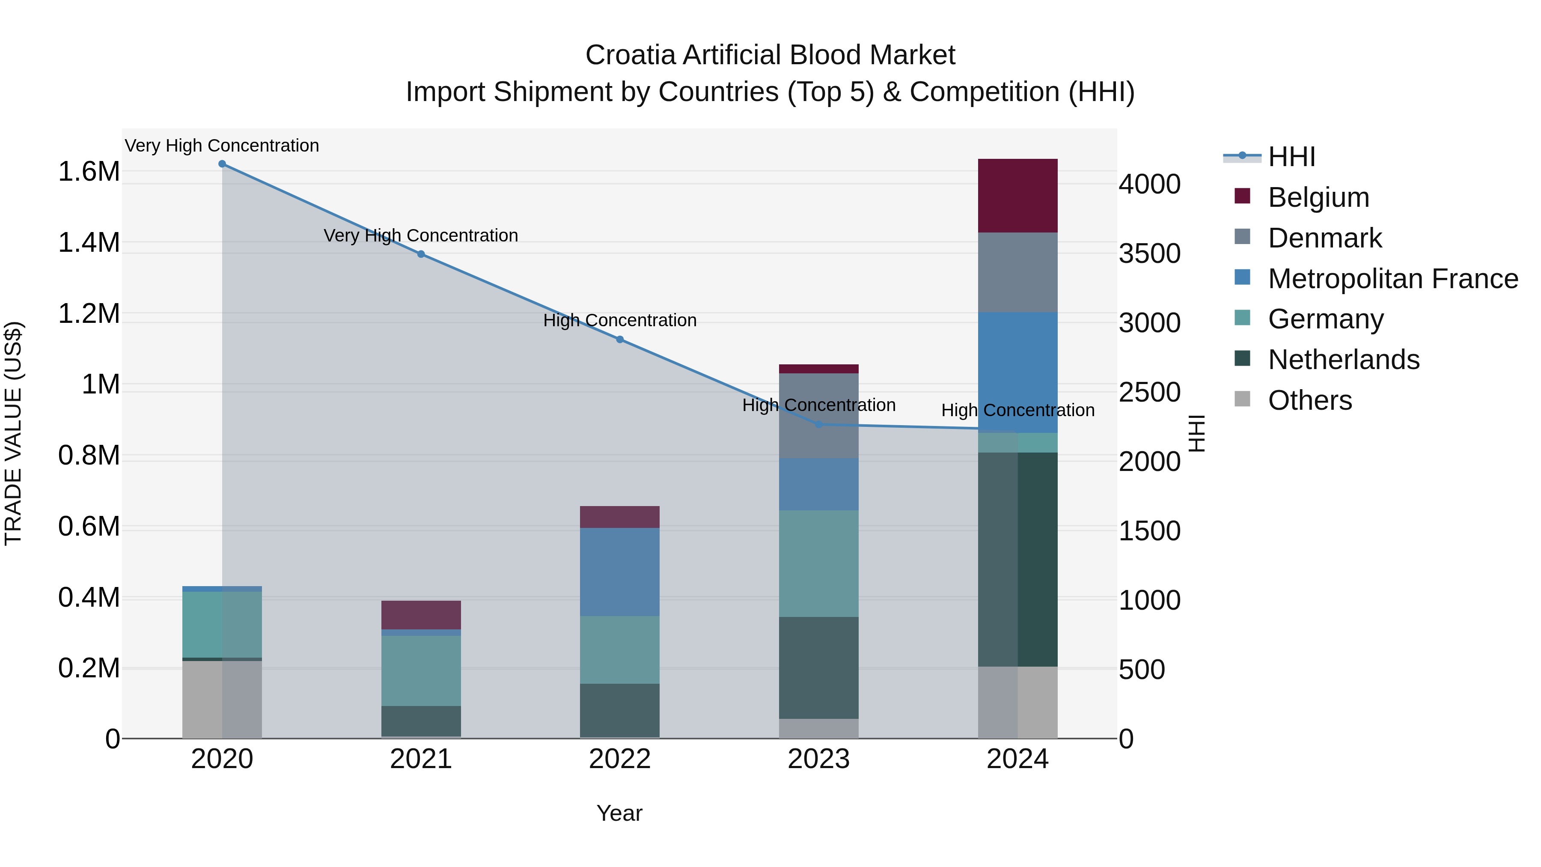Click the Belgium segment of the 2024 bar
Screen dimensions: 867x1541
(x=1017, y=196)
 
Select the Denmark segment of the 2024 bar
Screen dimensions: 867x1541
(x=1017, y=272)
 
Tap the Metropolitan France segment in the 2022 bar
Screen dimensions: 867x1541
(x=620, y=572)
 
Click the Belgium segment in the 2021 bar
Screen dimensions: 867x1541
(x=421, y=614)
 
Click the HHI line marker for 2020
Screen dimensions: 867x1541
(x=222, y=164)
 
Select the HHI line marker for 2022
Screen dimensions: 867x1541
(x=620, y=339)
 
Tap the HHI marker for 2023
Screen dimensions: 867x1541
(x=818, y=424)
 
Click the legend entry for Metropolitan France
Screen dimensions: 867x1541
(x=1392, y=279)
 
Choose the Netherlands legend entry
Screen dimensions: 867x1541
(x=1343, y=360)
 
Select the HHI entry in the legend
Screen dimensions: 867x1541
(x=1291, y=157)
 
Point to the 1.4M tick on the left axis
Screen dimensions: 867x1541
(x=89, y=243)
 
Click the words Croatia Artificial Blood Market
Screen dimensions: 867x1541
(x=770, y=55)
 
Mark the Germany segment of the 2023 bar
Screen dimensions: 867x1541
(x=818, y=563)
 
